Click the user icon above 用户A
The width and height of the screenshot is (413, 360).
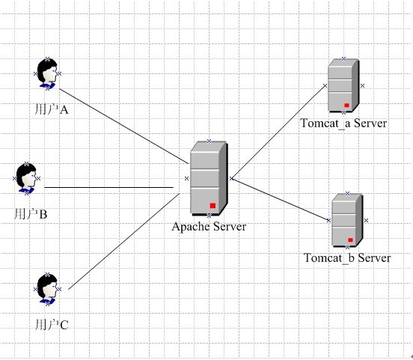coord(47,73)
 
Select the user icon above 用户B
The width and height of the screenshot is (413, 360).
coord(26,178)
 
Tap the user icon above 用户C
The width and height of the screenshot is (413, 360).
coord(47,289)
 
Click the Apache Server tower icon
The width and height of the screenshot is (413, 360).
coord(209,178)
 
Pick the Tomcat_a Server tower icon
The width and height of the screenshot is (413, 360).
coord(343,85)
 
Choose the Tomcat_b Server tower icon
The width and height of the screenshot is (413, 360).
coord(347,220)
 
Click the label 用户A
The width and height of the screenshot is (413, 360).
coord(52,109)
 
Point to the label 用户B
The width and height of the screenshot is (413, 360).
coord(31,214)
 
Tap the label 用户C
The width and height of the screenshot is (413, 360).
coord(52,324)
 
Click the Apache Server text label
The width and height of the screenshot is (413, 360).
coord(209,227)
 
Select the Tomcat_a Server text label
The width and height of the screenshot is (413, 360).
coord(343,123)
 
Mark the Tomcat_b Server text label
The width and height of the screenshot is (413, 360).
coord(347,257)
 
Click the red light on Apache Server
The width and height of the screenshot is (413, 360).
coord(212,206)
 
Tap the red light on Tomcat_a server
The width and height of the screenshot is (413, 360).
coord(346,105)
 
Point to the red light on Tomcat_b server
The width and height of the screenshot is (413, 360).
coord(351,240)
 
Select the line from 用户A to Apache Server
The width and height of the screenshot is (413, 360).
coord(124,126)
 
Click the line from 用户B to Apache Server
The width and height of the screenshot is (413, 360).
coord(108,187)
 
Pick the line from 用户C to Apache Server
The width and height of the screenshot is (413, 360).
coord(124,241)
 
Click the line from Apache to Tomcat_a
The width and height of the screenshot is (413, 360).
coord(278,132)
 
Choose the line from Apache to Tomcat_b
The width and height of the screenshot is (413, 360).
coord(281,200)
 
